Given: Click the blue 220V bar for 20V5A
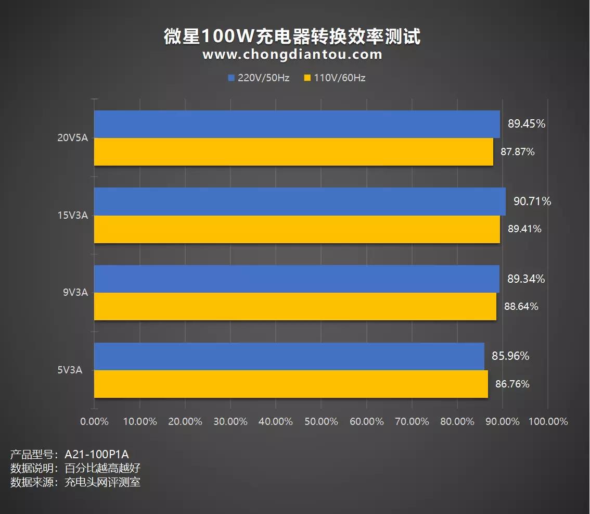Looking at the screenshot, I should tap(297, 124).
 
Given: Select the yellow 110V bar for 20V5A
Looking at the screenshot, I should tap(293, 152).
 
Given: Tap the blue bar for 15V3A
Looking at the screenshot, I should tap(300, 202).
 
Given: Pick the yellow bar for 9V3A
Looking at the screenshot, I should tap(295, 307).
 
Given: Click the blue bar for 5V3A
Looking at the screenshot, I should tap(289, 356).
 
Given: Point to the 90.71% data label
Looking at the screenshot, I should tap(532, 202).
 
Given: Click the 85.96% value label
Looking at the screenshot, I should tap(510, 356).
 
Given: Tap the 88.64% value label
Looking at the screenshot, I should tap(521, 307).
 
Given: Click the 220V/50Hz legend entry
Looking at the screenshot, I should tap(259, 78).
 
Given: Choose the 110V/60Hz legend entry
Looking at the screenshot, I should tap(335, 78).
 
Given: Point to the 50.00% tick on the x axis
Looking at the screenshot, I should tap(321, 421).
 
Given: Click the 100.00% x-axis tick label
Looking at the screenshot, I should tap(548, 421).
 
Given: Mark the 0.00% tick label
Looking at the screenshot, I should tap(94, 421).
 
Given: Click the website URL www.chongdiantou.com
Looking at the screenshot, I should tap(292, 55).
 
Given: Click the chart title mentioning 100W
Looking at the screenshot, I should tap(292, 36).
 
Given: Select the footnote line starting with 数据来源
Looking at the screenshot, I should tap(75, 482).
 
